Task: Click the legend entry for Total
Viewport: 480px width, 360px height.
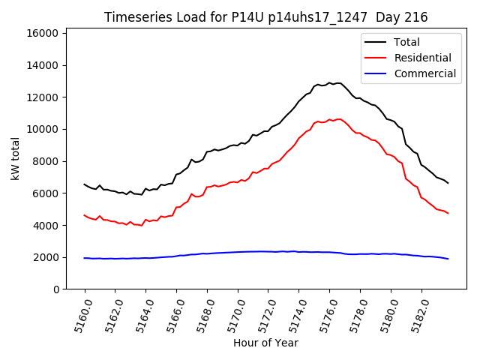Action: pyautogui.click(x=406, y=42)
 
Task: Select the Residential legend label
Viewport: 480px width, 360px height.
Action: pyautogui.click(x=422, y=58)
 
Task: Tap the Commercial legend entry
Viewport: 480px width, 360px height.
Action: pyautogui.click(x=424, y=73)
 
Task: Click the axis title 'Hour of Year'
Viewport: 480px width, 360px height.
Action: pyautogui.click(x=265, y=343)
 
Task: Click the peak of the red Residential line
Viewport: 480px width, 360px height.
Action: pyautogui.click(x=338, y=118)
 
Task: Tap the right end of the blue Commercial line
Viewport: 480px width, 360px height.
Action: pyautogui.click(x=448, y=259)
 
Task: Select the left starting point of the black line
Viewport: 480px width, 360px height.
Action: pyautogui.click(x=85, y=184)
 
